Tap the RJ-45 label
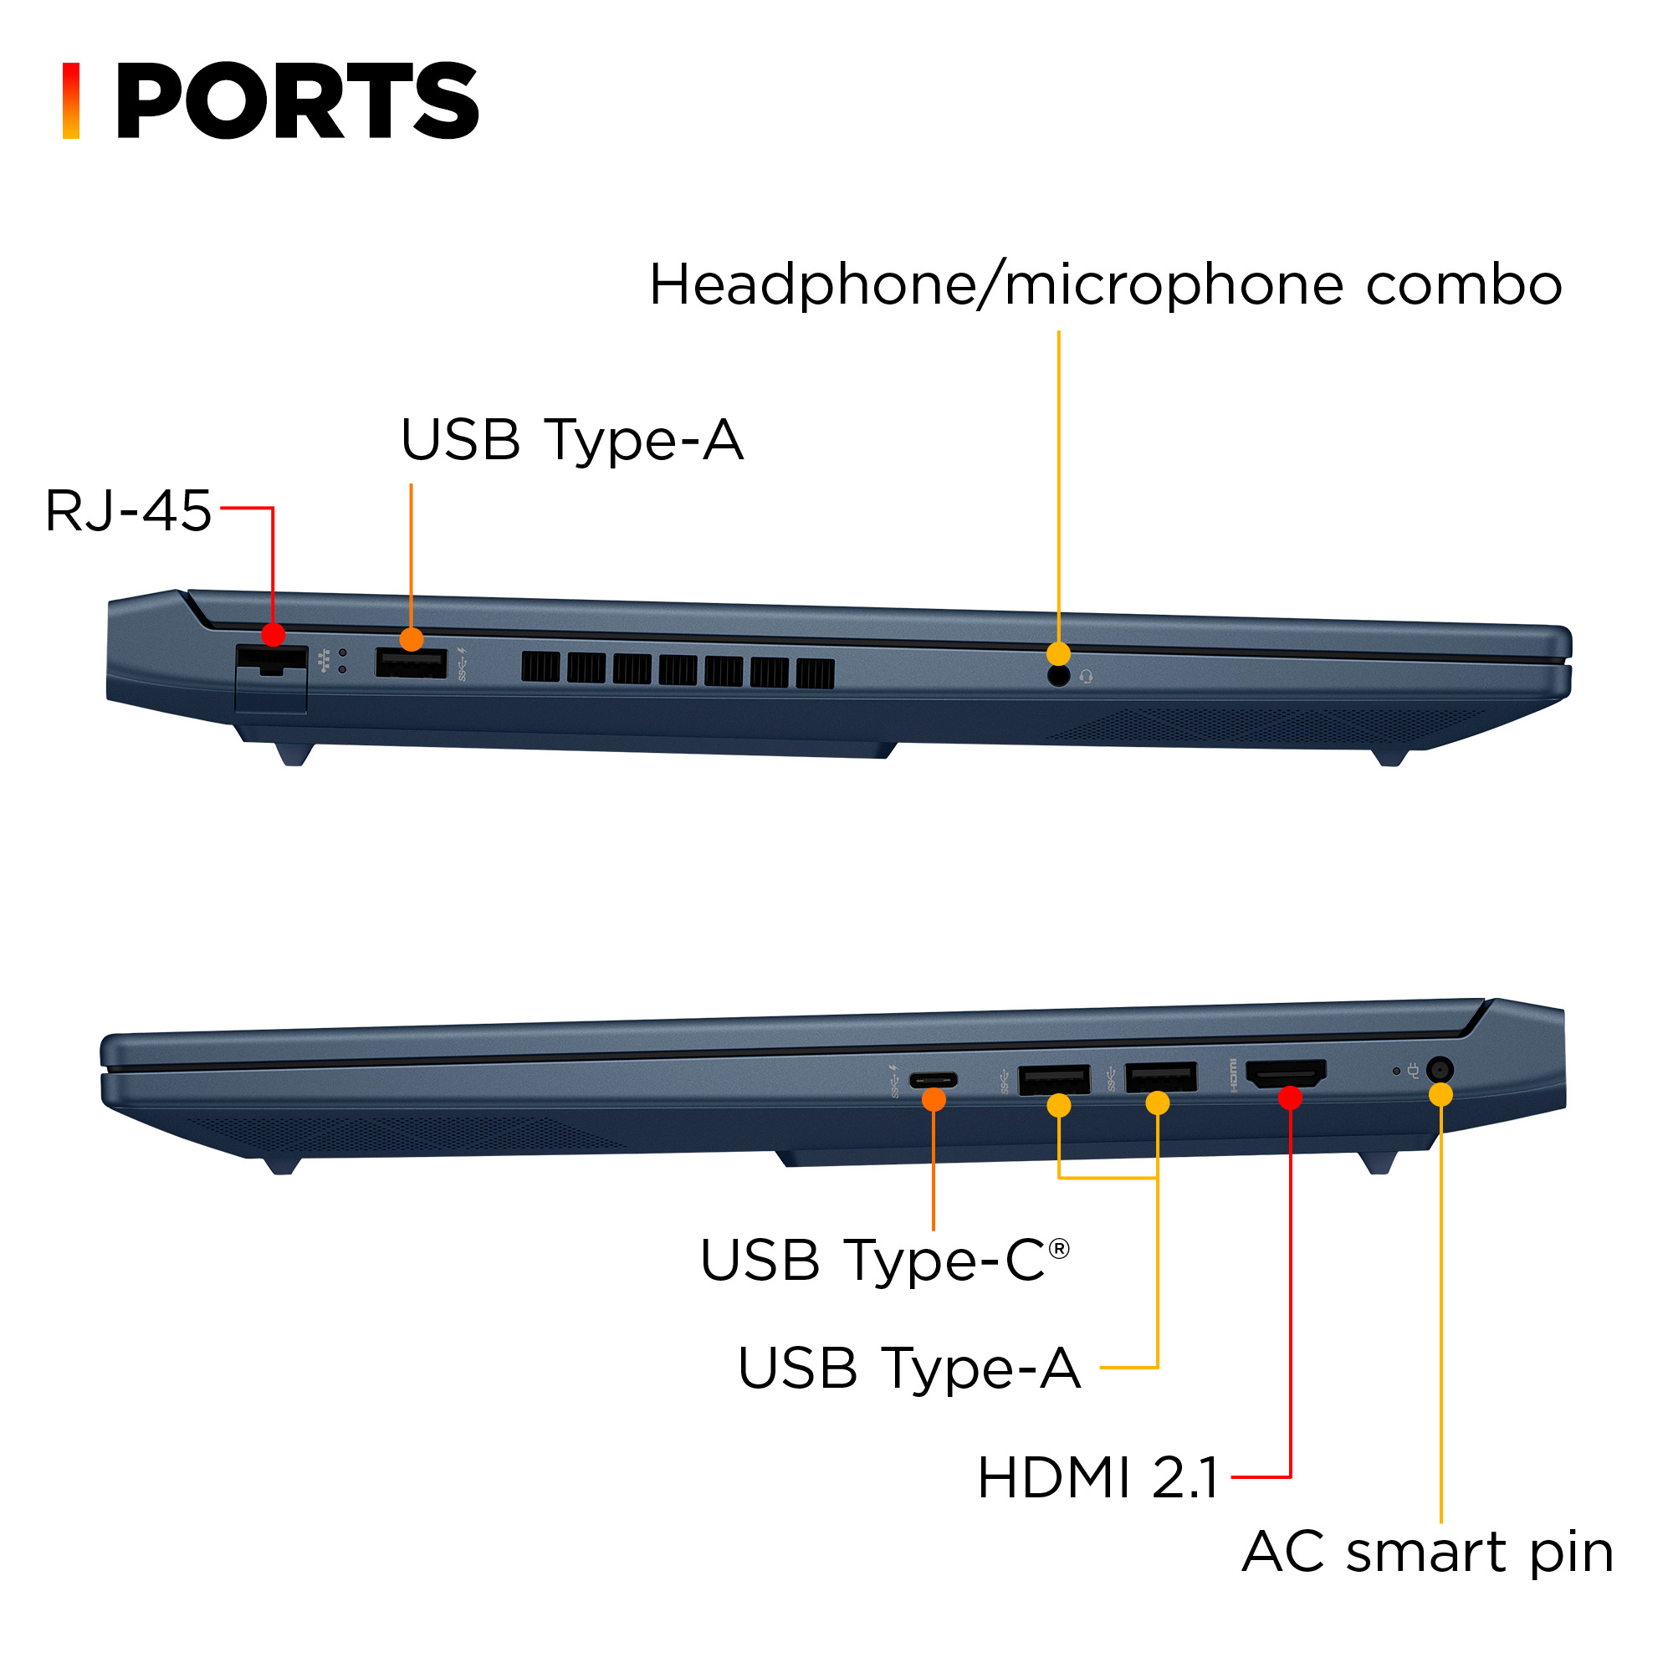(128, 510)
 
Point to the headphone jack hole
(1058, 676)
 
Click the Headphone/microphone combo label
(1105, 285)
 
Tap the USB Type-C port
(933, 1080)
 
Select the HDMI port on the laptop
(1286, 1075)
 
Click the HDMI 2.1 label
(1098, 1477)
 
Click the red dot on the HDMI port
(1290, 1098)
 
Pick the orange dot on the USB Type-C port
(934, 1100)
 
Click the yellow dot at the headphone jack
(1058, 654)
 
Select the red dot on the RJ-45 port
(273, 635)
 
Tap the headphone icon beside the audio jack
(1086, 676)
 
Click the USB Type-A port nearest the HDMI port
(1160, 1079)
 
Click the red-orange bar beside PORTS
(71, 100)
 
